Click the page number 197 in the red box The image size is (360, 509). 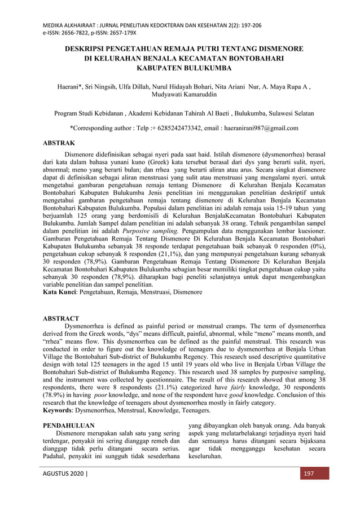pos(309,473)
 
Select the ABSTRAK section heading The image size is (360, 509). pos(59,143)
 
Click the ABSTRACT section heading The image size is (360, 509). pos(62,318)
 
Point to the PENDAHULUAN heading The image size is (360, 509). pos(69,424)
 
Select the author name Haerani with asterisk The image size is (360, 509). pos(72,87)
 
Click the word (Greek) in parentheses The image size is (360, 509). pos(148,161)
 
